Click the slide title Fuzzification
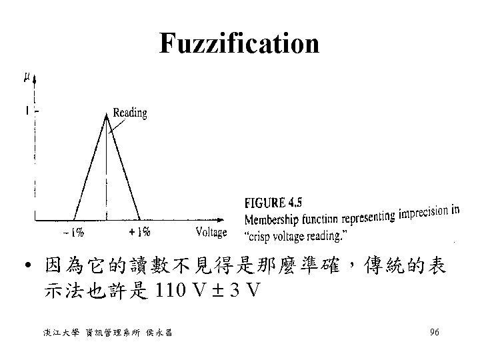(x=239, y=44)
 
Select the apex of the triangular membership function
(x=106, y=115)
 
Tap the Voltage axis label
(x=211, y=233)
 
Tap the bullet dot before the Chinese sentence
(x=23, y=269)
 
